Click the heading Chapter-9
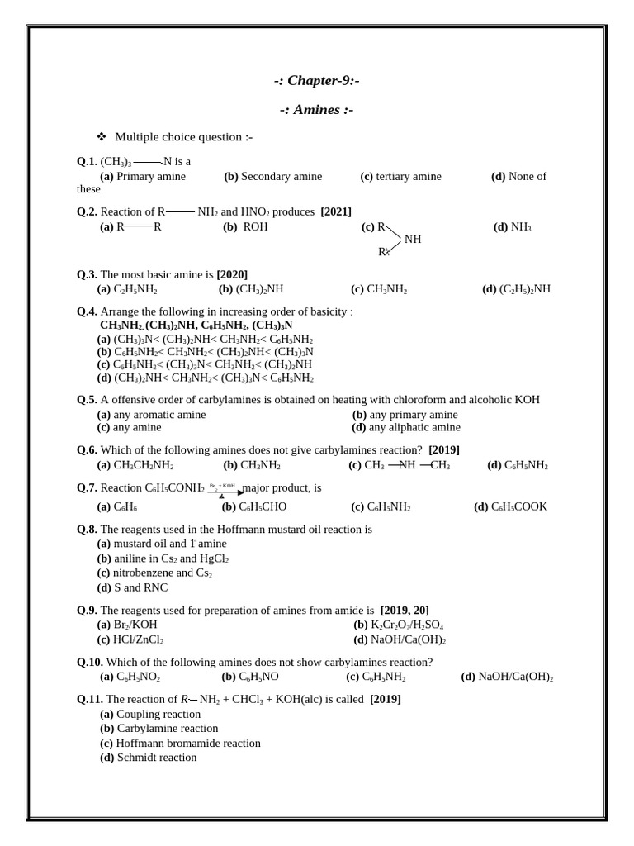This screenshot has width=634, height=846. [316, 81]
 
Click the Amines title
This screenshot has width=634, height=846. [316, 110]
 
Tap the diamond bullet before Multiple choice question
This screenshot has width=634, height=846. [102, 136]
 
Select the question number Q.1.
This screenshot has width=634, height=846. [87, 162]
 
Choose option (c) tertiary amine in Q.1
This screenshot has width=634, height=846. [401, 176]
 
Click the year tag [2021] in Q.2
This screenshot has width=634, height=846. [336, 211]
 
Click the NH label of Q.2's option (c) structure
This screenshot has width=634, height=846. [413, 239]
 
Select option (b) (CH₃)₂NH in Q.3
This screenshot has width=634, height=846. [251, 289]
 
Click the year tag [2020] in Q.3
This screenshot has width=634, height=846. [232, 274]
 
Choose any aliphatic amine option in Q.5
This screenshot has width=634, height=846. [406, 427]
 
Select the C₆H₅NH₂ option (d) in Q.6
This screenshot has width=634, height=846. [518, 465]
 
